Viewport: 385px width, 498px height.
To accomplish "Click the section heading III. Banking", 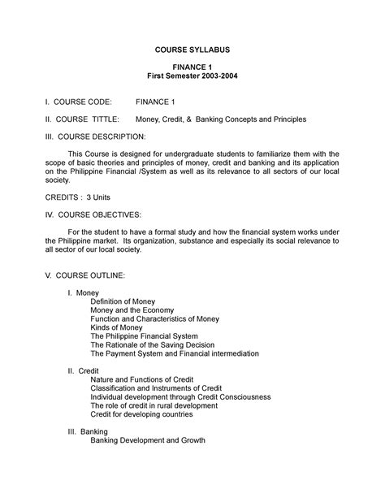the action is [x=88, y=431].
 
